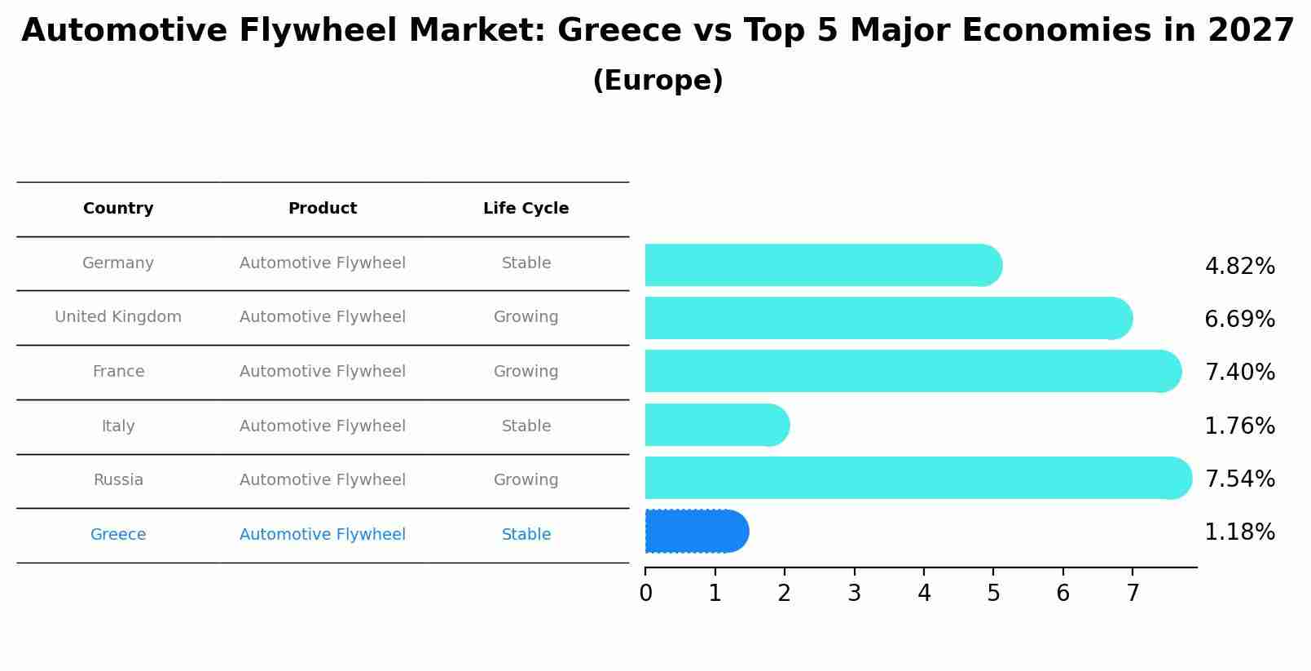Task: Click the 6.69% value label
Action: click(1239, 319)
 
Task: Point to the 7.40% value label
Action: click(1239, 372)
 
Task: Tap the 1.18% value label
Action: click(1239, 532)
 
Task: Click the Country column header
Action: click(118, 209)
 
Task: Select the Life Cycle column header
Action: click(526, 209)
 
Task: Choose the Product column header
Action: click(323, 209)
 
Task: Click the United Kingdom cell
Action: click(118, 317)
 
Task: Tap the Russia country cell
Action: click(118, 480)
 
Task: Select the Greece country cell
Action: click(118, 535)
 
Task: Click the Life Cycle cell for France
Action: click(526, 372)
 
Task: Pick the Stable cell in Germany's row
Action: click(526, 263)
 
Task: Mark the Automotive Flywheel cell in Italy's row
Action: click(323, 426)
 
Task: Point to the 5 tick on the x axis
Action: click(993, 593)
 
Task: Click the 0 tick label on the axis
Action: click(645, 593)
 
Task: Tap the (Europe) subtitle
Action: click(658, 81)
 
